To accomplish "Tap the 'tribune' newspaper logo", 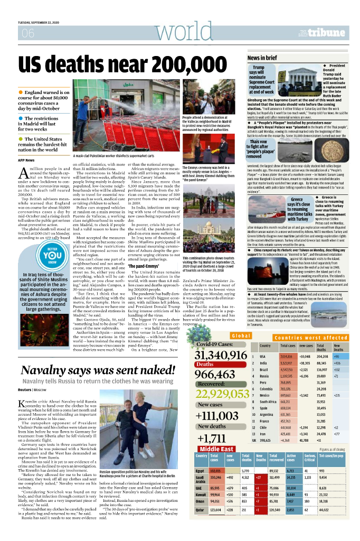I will [327, 32].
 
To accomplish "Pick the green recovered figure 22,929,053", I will [230, 395].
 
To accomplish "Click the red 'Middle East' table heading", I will [217, 449].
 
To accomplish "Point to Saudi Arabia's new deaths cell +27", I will [259, 477].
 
